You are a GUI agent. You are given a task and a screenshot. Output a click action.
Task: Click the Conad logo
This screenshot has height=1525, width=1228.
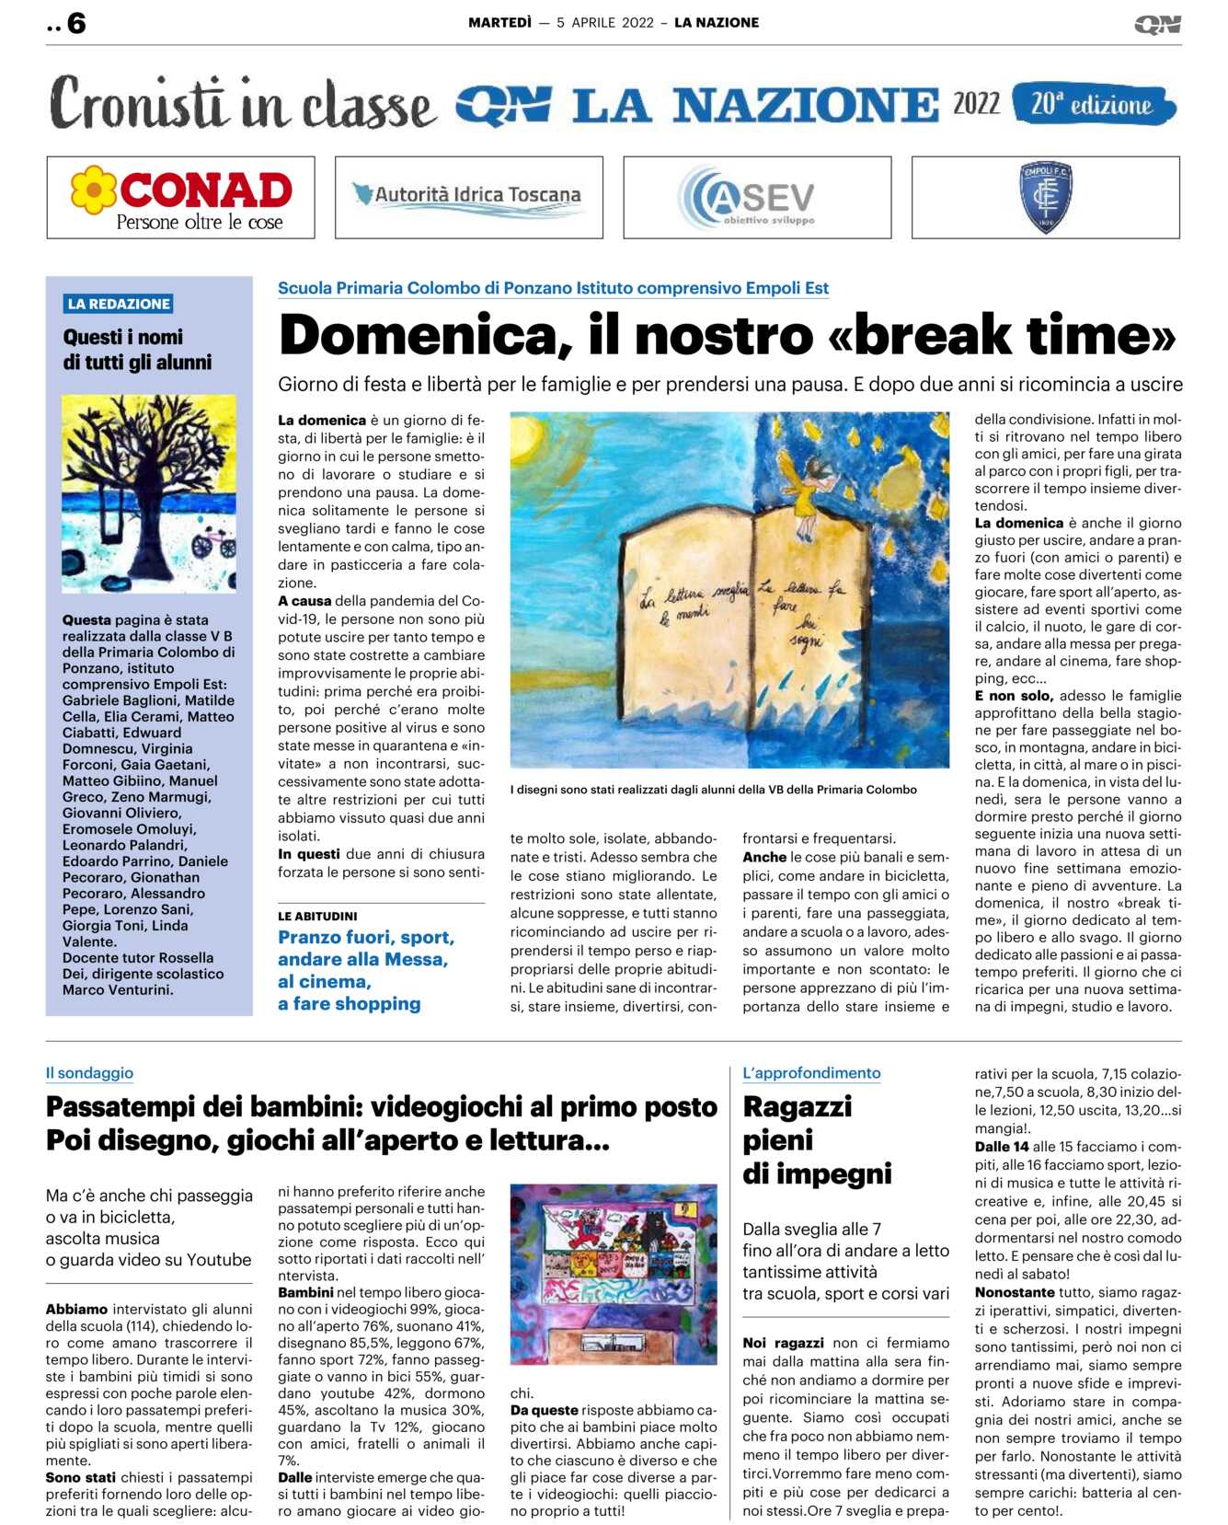pos(181,198)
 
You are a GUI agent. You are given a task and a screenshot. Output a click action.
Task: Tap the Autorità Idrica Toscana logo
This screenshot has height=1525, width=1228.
pos(468,197)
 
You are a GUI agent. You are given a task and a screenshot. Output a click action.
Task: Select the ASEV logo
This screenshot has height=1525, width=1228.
pos(747,197)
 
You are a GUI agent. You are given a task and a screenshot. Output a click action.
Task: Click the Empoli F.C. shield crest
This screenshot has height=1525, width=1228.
pos(1045,197)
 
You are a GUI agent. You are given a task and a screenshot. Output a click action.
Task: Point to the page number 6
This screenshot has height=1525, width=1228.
pos(76,24)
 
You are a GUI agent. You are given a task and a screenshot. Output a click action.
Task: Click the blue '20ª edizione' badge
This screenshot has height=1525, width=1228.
pos(1093,104)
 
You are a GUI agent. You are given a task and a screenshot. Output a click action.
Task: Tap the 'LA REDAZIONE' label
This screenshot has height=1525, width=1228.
pos(119,304)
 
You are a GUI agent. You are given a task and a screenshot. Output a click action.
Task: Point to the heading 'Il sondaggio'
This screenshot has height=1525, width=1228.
pos(89,1073)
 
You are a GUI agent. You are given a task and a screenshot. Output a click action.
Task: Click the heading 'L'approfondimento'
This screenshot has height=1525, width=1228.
pos(811,1073)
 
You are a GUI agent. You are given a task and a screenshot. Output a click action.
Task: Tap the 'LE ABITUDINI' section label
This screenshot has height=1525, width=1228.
pos(317,917)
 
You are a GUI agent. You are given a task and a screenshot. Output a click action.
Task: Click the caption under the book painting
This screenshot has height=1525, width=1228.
pos(713,790)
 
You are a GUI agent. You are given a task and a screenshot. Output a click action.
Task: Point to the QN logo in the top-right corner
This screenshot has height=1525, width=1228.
pos(1157,25)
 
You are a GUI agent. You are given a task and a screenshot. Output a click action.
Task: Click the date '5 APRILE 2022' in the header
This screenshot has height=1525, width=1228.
pos(605,23)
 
